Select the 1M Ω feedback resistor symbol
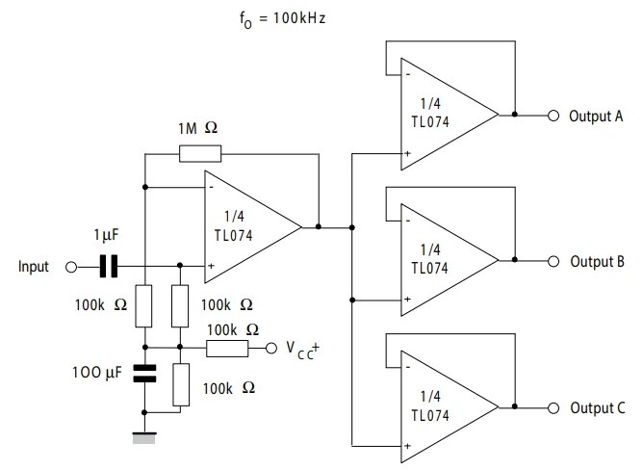[x=200, y=153]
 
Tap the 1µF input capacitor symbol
[x=109, y=266]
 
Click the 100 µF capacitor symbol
[x=144, y=373]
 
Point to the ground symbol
[x=144, y=438]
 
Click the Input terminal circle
[x=70, y=267]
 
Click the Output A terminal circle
[x=553, y=115]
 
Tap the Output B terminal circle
[x=553, y=261]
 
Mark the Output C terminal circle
[x=553, y=406]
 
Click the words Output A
[x=597, y=115]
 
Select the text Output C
[x=597, y=406]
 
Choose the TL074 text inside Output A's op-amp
[x=429, y=122]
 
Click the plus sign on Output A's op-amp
[x=408, y=153]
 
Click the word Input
[x=34, y=267]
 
